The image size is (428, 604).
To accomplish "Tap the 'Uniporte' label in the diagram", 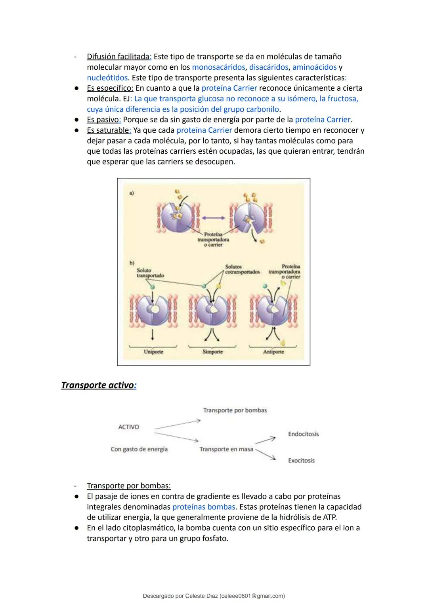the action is [153, 352].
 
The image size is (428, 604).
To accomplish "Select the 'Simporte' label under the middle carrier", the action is [213, 352].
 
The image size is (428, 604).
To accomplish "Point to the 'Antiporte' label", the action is [273, 352].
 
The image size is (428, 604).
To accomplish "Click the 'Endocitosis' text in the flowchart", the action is [303, 434].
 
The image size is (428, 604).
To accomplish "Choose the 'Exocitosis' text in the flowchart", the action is [301, 460].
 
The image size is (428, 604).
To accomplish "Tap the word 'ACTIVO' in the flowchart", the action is [128, 427].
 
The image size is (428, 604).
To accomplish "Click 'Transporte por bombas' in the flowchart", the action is [235, 410].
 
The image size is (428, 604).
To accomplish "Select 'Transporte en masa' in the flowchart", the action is [226, 449].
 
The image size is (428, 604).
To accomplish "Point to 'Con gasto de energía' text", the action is [139, 449].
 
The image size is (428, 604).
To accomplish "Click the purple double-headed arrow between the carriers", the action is [213, 218].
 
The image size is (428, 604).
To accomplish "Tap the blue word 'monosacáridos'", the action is [218, 67].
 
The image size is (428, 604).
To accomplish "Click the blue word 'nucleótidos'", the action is [107, 78].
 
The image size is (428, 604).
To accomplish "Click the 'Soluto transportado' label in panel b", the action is [150, 272].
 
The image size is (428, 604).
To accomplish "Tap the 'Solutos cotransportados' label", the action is [243, 269].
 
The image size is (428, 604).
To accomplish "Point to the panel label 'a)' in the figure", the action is [132, 193].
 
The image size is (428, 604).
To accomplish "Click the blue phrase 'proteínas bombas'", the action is [204, 507].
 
